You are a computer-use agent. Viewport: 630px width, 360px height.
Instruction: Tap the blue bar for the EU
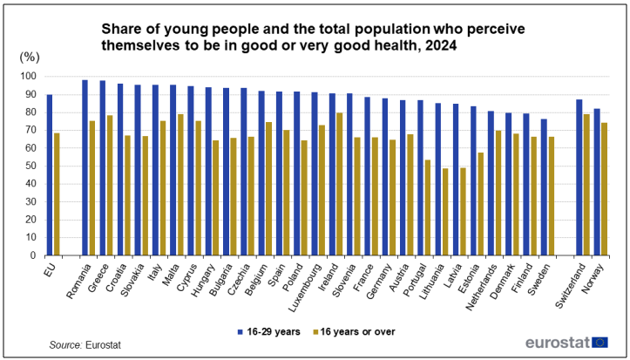50,175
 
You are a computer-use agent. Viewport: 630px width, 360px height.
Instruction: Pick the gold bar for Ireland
339,184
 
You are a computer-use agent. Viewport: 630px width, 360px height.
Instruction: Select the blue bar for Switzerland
579,178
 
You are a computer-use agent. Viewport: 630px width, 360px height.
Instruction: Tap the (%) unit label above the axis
30,57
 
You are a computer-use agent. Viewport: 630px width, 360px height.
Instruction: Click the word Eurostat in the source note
105,346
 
